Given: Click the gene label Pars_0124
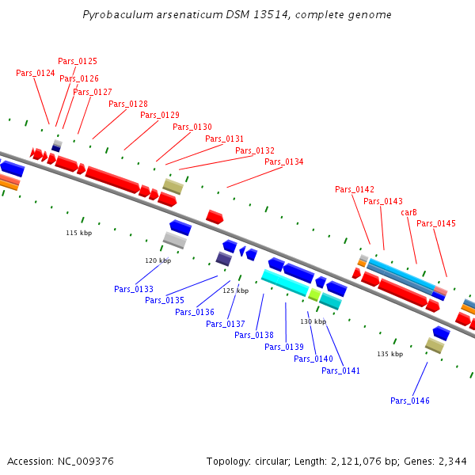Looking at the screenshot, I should (x=36, y=73).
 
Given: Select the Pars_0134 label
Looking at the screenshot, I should (x=284, y=161).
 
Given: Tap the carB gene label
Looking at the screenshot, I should (x=408, y=212).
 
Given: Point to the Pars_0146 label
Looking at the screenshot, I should (x=410, y=401).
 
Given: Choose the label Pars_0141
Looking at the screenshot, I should (x=341, y=370).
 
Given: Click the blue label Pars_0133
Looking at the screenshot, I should (x=134, y=289).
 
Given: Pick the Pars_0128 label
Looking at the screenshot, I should (x=128, y=104).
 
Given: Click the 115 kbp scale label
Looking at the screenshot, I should (x=78, y=233).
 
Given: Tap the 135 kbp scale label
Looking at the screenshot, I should (x=389, y=354).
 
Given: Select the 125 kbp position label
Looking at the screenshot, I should (x=235, y=291).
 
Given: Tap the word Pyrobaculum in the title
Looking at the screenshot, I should (x=116, y=15).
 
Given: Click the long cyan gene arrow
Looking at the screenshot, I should (x=285, y=282).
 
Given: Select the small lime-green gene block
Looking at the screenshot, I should (x=314, y=294).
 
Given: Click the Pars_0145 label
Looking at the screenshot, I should (x=436, y=223).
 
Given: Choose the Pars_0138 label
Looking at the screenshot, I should (x=254, y=335).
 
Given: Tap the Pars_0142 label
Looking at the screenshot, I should (x=355, y=189).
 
